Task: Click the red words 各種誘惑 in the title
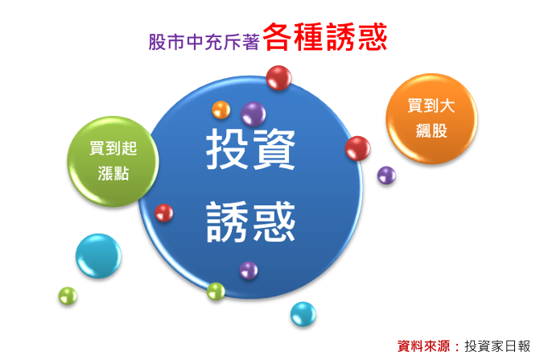click(325, 37)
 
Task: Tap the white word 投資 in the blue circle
click(250, 148)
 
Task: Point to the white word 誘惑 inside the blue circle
click(250, 221)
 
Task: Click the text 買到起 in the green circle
click(113, 148)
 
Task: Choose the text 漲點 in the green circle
click(113, 173)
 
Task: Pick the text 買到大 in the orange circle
click(431, 106)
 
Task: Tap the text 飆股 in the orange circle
click(431, 130)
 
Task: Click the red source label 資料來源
click(423, 346)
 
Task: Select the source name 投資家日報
click(497, 346)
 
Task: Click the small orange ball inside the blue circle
click(221, 110)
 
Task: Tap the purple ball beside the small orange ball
click(253, 114)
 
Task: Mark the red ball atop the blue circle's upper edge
click(278, 78)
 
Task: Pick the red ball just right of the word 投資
click(357, 148)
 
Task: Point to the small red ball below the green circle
click(163, 213)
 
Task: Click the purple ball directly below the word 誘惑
click(249, 270)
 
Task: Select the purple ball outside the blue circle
click(386, 176)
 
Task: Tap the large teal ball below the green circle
click(98, 256)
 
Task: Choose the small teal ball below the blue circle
click(303, 314)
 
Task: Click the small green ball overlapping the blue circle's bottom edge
click(216, 292)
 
